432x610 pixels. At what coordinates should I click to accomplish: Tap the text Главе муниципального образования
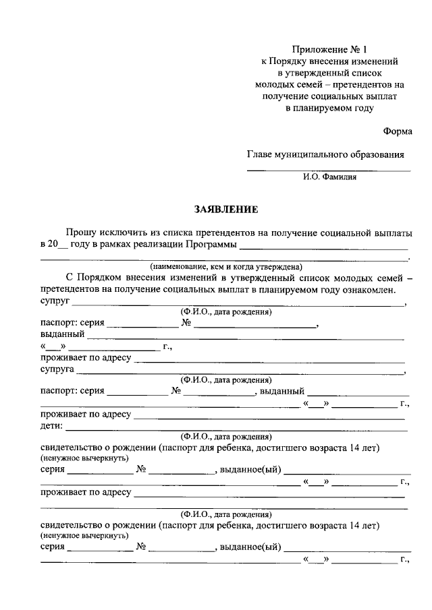click(x=325, y=154)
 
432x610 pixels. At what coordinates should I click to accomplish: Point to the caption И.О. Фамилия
click(x=329, y=178)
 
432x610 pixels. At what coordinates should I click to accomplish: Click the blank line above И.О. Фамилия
click(x=328, y=171)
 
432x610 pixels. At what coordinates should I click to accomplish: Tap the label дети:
click(x=51, y=426)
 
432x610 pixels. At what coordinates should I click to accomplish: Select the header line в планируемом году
click(x=329, y=107)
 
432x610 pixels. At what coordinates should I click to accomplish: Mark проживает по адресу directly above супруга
click(x=85, y=358)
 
